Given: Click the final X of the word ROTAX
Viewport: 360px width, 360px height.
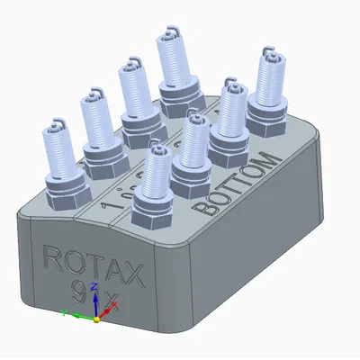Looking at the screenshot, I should (132, 274).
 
